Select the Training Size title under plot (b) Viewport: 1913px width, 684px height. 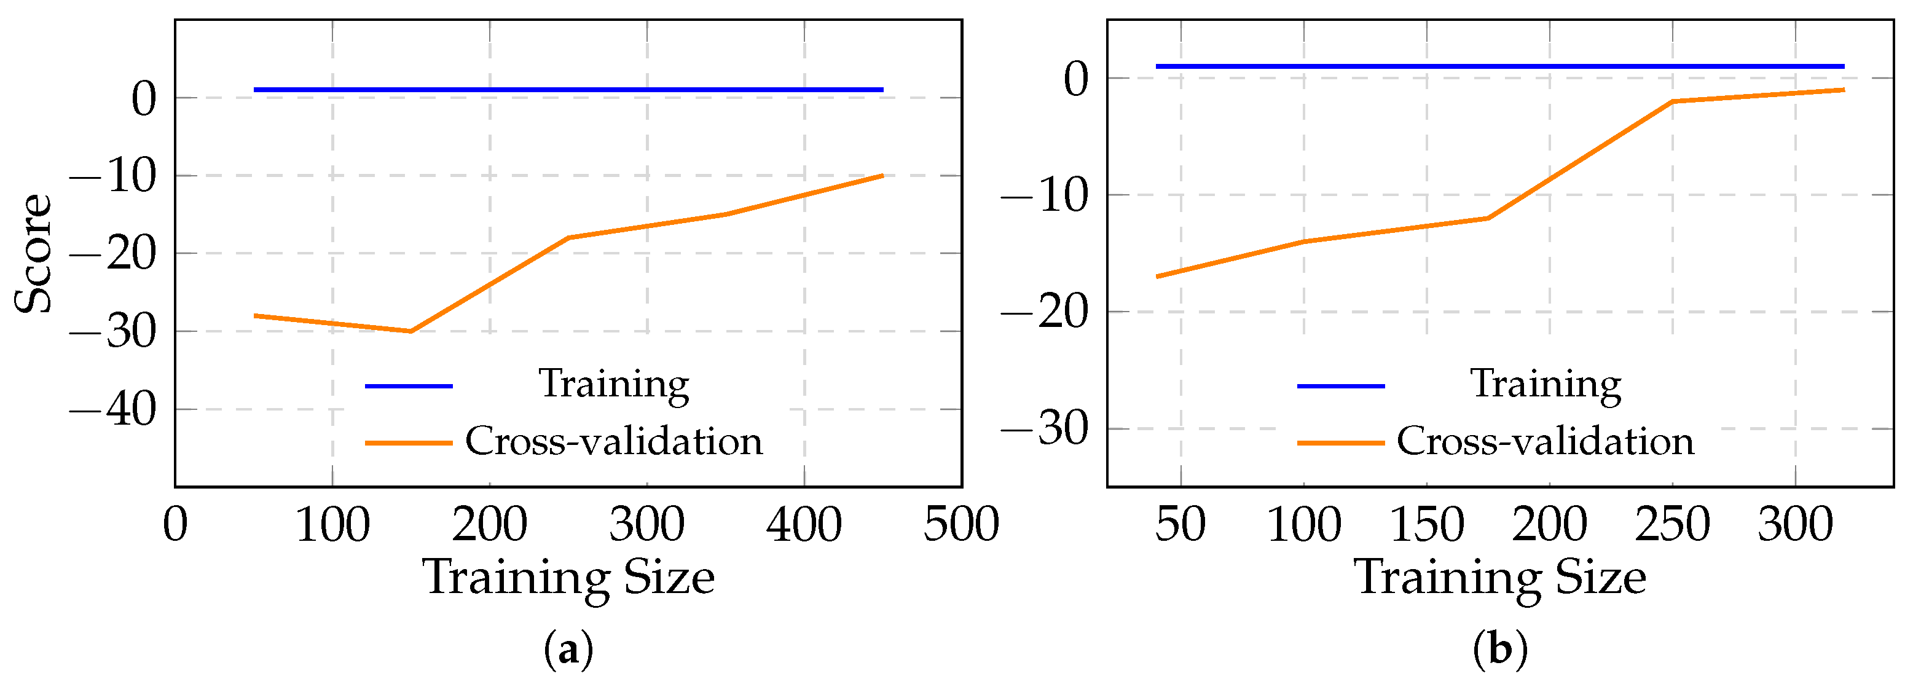(x=1500, y=578)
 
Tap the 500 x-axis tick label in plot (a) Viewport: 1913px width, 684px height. (x=961, y=524)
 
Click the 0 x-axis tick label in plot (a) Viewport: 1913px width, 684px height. (x=175, y=524)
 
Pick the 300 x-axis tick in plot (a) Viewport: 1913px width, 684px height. (x=647, y=524)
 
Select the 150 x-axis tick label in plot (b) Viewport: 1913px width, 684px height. (x=1426, y=524)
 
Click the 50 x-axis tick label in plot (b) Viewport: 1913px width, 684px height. (x=1180, y=524)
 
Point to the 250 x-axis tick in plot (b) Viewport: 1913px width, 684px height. (x=1672, y=524)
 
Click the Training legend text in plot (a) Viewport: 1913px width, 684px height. (x=614, y=384)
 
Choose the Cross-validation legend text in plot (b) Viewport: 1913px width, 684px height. (x=1546, y=441)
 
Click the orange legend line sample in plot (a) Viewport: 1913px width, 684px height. (x=409, y=442)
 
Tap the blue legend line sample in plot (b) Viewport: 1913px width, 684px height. (x=1340, y=386)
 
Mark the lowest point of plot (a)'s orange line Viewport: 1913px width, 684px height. (x=410, y=331)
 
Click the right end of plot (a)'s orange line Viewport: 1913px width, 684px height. (x=882, y=175)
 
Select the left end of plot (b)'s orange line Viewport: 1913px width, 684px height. (x=1157, y=277)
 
